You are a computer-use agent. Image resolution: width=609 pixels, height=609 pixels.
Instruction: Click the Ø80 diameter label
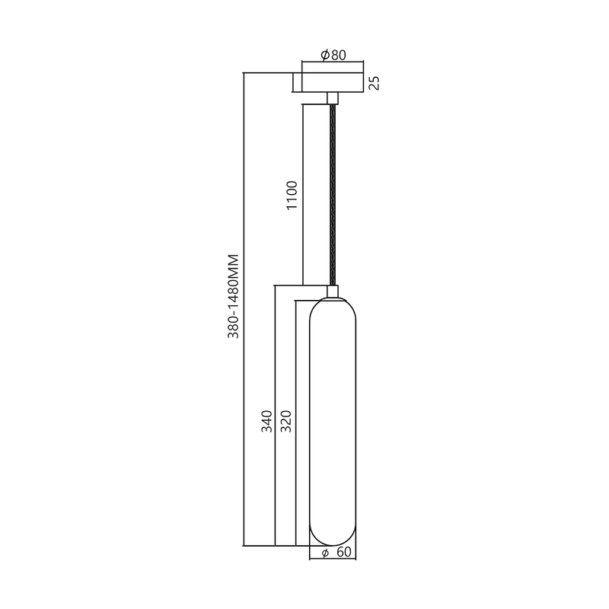pos(333,55)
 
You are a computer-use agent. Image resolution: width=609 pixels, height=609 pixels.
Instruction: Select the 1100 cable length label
pos(292,196)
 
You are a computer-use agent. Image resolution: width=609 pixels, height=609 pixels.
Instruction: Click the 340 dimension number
pos(266,422)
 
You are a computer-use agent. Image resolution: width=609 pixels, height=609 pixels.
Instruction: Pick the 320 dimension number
pos(285,422)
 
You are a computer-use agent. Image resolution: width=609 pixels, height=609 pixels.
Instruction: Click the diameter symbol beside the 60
pos(325,553)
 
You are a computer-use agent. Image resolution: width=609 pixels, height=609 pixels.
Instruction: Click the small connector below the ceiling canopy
pos(333,98)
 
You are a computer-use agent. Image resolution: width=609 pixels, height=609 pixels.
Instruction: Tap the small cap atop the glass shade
pos(333,291)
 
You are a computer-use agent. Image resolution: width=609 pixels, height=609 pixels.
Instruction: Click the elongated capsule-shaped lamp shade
pos(333,419)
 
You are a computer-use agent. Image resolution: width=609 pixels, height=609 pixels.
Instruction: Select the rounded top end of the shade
pos(333,304)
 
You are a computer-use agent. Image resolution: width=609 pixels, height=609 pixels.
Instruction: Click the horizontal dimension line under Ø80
pos(333,63)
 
